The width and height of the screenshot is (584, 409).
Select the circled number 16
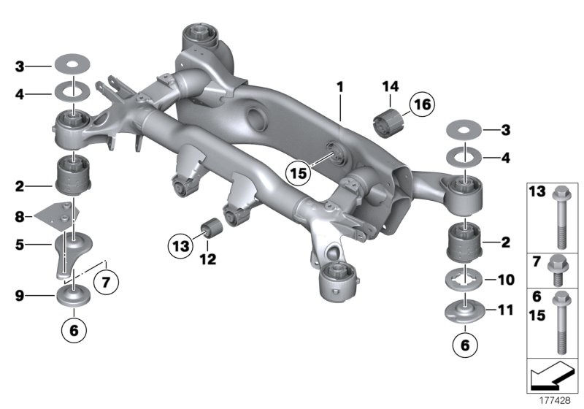[x=420, y=106]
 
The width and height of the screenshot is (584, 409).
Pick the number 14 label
[x=389, y=88]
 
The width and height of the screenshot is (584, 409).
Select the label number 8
[x=20, y=216]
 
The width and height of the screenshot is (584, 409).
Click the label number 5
[x=20, y=245]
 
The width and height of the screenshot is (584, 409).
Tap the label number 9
[x=20, y=297]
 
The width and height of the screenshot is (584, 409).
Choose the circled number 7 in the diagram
[x=107, y=279]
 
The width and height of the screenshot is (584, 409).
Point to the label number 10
[x=505, y=280]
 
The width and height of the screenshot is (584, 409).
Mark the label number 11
[x=505, y=310]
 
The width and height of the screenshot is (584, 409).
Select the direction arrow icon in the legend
[x=553, y=378]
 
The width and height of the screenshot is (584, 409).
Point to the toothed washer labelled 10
[x=463, y=280]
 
